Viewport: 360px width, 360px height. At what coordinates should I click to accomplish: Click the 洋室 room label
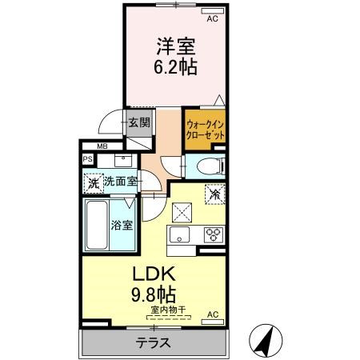[176, 46]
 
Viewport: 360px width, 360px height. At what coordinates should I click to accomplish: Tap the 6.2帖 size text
[176, 66]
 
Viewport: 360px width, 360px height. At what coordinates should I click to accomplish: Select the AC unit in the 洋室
[213, 10]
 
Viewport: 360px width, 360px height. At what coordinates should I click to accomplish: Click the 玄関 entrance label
[139, 122]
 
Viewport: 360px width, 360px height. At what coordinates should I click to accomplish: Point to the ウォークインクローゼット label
[205, 130]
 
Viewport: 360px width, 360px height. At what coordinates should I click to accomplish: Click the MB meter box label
[102, 146]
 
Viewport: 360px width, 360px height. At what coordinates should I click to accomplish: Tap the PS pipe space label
[88, 159]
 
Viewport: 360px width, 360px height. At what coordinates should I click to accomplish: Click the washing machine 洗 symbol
[94, 183]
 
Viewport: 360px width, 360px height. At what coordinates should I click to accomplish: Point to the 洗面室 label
[121, 182]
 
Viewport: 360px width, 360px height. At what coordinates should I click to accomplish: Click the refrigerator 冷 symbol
[215, 194]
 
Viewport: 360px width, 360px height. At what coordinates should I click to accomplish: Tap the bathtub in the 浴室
[97, 225]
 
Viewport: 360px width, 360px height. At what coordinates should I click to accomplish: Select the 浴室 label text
[122, 226]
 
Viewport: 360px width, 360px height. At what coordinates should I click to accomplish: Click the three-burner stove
[214, 234]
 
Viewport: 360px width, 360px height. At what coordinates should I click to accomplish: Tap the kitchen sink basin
[180, 234]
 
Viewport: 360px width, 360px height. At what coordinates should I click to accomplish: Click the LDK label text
[154, 274]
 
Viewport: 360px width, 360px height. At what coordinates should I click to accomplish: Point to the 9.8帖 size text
[154, 294]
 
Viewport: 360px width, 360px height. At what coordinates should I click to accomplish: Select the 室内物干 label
[168, 310]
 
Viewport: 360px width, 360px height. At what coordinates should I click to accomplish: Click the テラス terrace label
[153, 342]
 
